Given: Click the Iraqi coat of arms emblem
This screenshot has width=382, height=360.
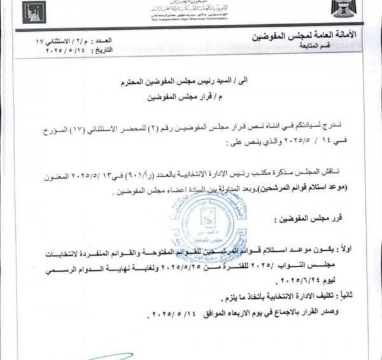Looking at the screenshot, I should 362,13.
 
